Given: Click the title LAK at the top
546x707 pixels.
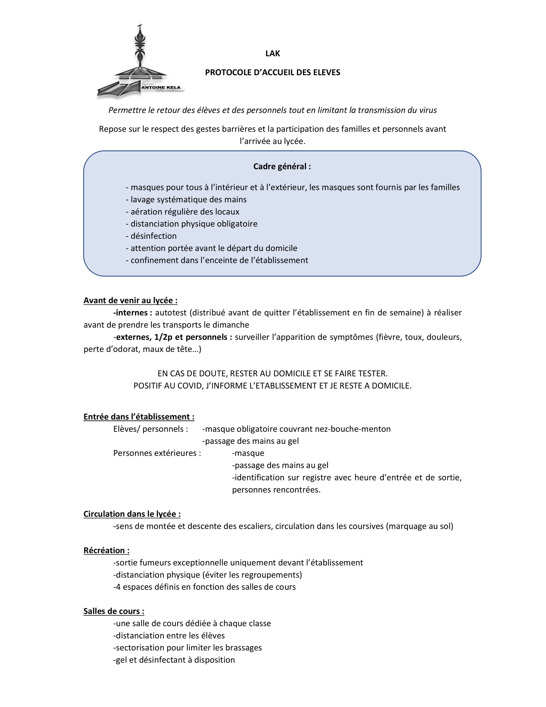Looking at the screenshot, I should [x=272, y=53].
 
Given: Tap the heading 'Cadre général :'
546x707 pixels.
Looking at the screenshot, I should [x=282, y=166].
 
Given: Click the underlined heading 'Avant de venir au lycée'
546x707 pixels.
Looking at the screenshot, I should [x=130, y=300].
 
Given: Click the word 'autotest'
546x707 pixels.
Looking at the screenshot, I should [x=172, y=313].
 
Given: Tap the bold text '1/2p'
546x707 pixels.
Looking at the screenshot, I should [x=163, y=337].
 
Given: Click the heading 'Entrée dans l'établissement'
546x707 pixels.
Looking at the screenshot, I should [x=138, y=416].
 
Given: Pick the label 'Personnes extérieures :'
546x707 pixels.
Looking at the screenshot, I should [x=157, y=453].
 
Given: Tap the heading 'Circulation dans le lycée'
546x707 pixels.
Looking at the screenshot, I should [x=132, y=514].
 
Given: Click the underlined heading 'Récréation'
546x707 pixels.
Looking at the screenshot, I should [x=106, y=550].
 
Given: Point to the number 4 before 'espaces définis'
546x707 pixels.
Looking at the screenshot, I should [x=118, y=587].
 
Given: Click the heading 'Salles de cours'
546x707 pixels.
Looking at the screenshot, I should [x=113, y=611].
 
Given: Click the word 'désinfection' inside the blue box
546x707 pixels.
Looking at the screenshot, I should [x=154, y=236].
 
